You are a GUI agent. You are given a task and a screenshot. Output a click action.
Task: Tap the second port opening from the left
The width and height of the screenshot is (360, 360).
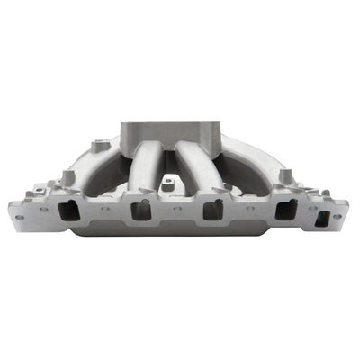[141, 211]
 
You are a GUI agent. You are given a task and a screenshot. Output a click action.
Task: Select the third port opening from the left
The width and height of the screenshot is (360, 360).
[212, 211]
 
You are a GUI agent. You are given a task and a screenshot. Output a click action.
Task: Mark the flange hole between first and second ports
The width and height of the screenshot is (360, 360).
[105, 208]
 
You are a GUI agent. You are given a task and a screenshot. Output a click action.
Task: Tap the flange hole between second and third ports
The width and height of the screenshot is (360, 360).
[177, 208]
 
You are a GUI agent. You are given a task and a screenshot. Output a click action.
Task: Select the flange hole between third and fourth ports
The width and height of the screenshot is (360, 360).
[249, 208]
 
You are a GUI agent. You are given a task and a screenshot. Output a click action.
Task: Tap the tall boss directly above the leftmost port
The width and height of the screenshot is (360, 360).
[68, 177]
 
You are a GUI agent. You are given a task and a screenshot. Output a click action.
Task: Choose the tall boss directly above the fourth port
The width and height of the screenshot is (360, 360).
[284, 175]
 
